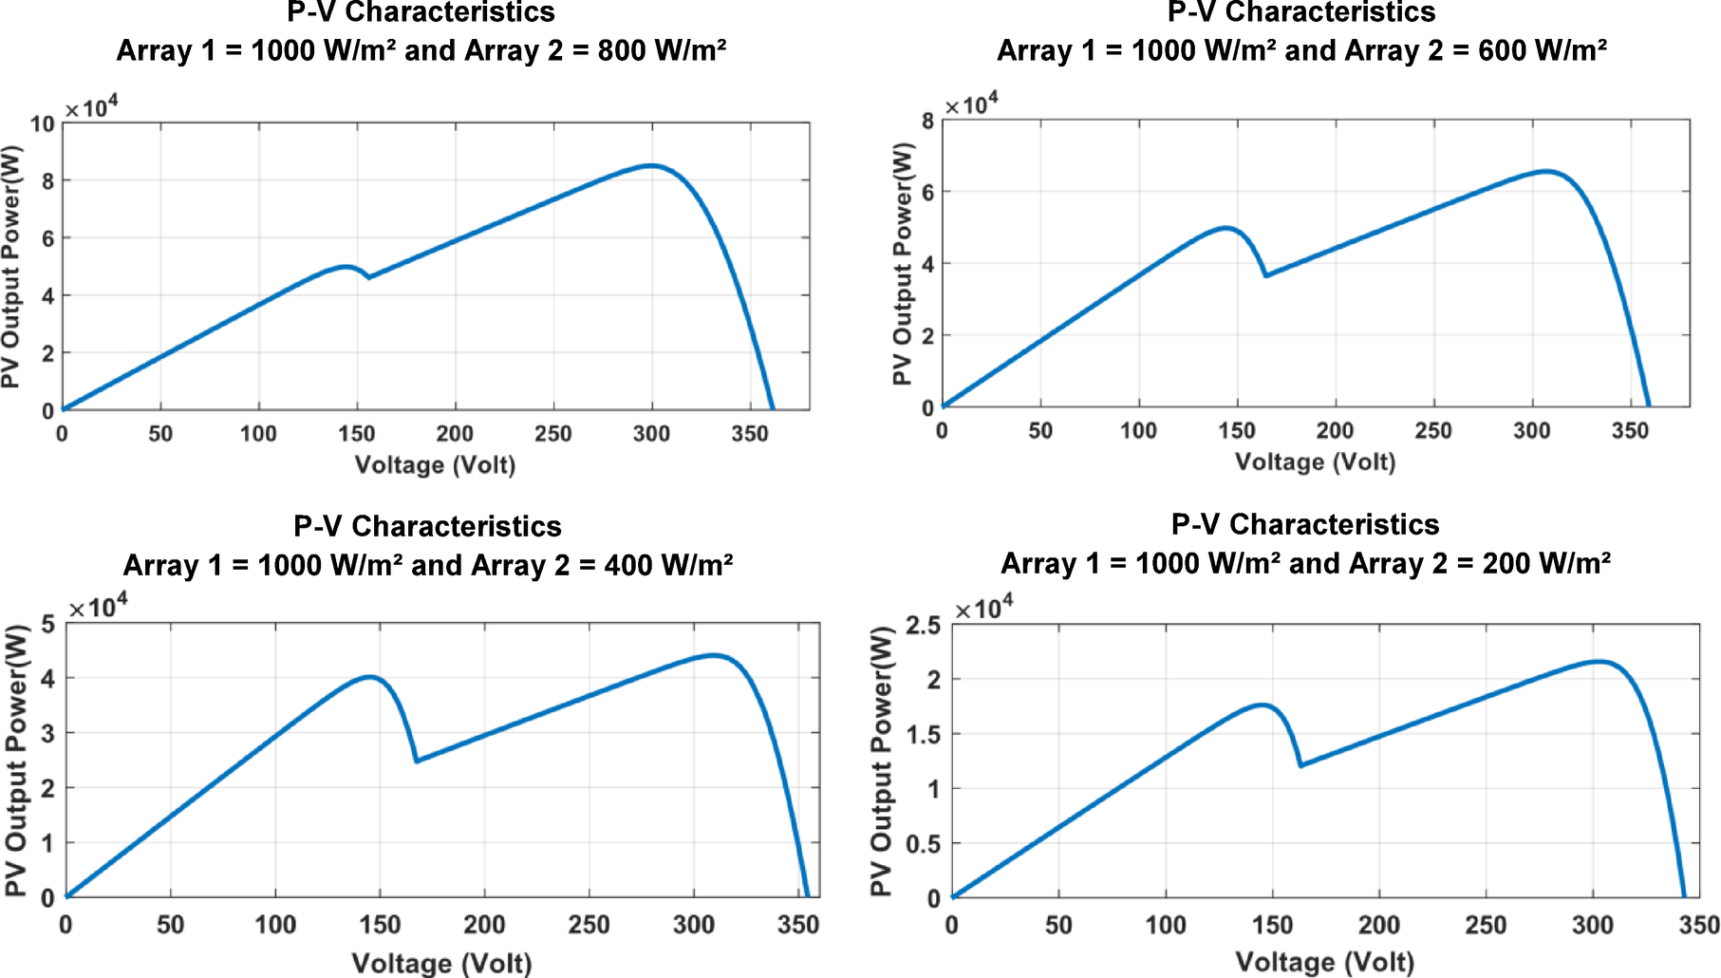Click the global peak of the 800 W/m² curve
651,165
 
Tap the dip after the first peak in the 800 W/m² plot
368,277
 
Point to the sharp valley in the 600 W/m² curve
1265,275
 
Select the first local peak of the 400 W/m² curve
370,677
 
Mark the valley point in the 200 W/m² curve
1300,765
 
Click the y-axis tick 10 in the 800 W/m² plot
42,124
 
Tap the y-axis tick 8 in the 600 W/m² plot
927,121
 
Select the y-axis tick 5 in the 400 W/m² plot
47,625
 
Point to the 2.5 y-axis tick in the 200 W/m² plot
923,625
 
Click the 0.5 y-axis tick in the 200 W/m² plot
923,843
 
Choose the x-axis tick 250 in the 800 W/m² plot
552,434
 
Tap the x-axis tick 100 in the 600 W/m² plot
1138,431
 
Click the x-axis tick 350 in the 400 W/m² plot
797,925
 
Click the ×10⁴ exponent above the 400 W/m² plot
98,607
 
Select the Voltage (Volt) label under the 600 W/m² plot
1315,462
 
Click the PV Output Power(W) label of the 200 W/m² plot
881,761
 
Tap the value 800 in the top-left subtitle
623,50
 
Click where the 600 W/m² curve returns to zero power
1649,406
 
